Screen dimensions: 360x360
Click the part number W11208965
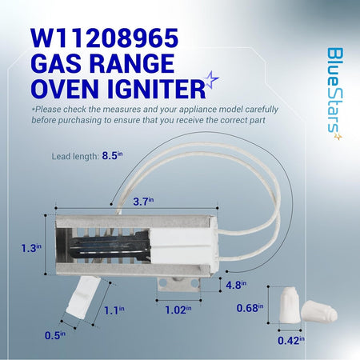(104, 38)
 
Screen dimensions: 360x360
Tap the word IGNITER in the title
(156, 89)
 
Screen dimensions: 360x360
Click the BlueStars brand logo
(334, 94)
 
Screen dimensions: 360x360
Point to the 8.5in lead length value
(112, 155)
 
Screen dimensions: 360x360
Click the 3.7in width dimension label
(143, 201)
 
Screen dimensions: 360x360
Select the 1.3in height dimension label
(31, 248)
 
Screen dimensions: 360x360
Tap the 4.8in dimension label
(236, 285)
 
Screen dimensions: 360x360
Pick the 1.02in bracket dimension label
(178, 310)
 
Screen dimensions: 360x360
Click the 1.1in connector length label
(114, 310)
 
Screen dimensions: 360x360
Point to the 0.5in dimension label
(55, 335)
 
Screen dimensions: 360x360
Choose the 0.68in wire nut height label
(250, 308)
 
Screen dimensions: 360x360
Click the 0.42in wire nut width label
(291, 341)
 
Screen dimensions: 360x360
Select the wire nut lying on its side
(319, 312)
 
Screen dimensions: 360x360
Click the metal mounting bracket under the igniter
(178, 285)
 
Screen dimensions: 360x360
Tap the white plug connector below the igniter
(83, 297)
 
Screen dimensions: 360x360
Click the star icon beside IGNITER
(210, 80)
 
